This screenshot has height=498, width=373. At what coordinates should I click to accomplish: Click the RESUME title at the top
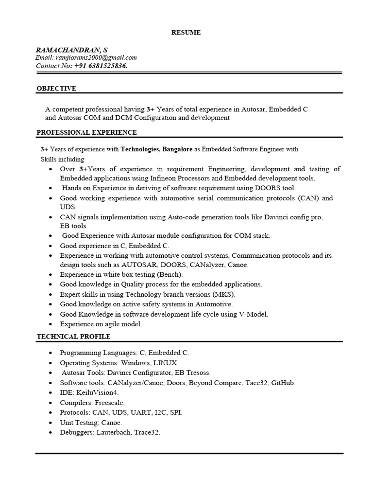(x=186, y=33)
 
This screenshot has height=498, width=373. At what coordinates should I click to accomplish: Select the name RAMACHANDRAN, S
(x=72, y=50)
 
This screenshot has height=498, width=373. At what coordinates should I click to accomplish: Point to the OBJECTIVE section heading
(x=56, y=89)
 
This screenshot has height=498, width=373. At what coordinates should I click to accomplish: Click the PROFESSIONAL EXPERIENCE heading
(x=87, y=132)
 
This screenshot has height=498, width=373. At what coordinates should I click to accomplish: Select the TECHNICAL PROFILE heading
(x=73, y=337)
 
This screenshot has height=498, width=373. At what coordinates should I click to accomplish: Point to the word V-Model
(x=253, y=314)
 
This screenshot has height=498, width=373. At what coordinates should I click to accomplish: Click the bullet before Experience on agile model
(x=51, y=324)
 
